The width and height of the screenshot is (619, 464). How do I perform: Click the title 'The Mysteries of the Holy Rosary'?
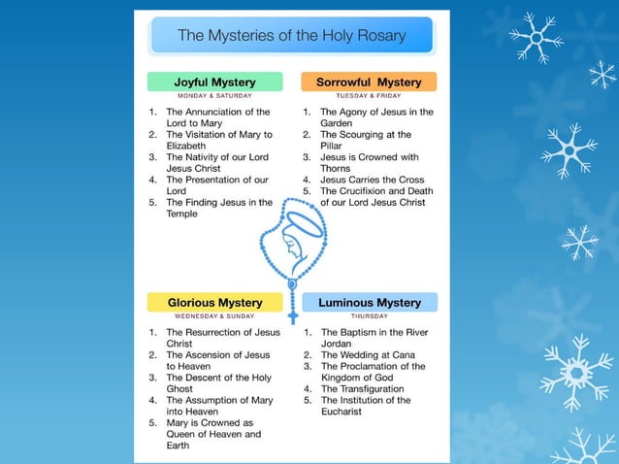pyautogui.click(x=291, y=36)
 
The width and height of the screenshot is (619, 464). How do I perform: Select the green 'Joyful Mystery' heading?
pyautogui.click(x=214, y=82)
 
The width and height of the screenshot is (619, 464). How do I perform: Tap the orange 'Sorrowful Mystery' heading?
pyautogui.click(x=369, y=82)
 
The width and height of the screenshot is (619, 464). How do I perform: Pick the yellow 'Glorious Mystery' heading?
pyautogui.click(x=214, y=303)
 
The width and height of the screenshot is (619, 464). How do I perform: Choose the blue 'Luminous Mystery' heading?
pyautogui.click(x=370, y=303)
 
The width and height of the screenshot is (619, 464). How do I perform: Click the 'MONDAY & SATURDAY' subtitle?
pyautogui.click(x=214, y=96)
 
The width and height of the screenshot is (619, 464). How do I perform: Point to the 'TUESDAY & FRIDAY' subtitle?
pyautogui.click(x=369, y=96)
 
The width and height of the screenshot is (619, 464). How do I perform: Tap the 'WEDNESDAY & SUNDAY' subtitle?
pyautogui.click(x=214, y=316)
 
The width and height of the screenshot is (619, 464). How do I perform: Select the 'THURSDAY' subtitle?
pyautogui.click(x=370, y=316)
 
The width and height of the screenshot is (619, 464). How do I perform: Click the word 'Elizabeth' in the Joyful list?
pyautogui.click(x=187, y=146)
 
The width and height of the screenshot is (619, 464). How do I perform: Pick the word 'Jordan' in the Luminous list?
pyautogui.click(x=339, y=344)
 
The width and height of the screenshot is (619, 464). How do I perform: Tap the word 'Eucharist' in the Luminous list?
pyautogui.click(x=342, y=412)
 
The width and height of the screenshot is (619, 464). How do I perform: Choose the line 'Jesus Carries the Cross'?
pyautogui.click(x=371, y=180)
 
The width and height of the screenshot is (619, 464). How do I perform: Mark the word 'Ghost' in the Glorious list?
pyautogui.click(x=179, y=388)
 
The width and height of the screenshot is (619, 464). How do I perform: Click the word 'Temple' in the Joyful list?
pyautogui.click(x=181, y=214)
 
